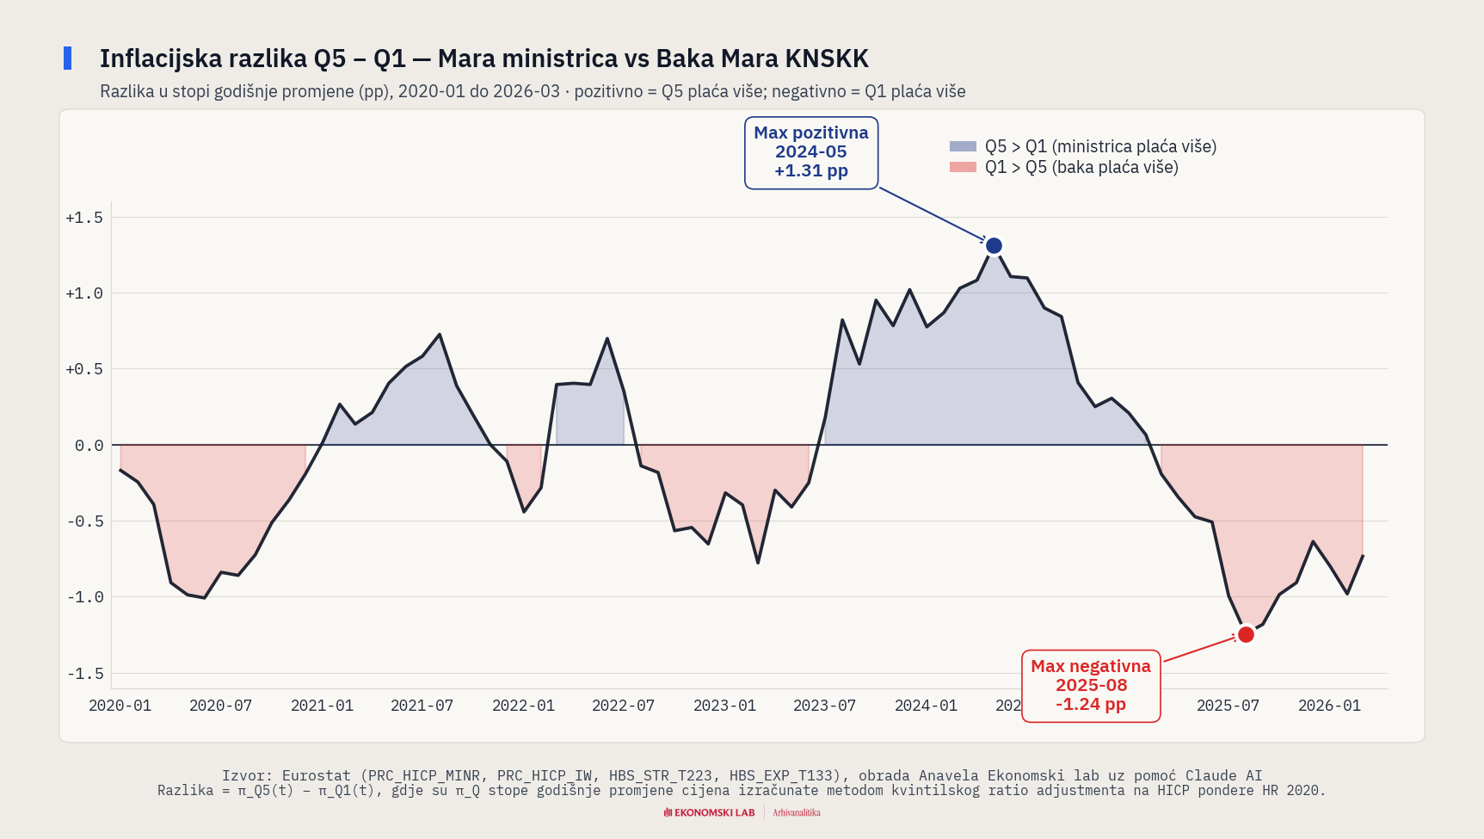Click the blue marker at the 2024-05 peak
994,246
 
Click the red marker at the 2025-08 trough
1246,635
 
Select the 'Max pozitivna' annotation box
810,152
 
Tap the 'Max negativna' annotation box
1090,686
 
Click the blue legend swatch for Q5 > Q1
963,146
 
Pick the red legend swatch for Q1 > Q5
963,167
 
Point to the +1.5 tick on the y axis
84,218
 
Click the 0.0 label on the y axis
89,446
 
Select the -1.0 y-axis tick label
85,597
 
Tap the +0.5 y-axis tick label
84,369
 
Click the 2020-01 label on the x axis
120,706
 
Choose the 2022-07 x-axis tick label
623,706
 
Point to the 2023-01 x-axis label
724,706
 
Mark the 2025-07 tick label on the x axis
1228,706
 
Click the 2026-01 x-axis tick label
1329,706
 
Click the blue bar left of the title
68,59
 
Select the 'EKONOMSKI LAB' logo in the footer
710,812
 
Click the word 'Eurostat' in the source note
317,775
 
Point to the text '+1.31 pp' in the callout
810,171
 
